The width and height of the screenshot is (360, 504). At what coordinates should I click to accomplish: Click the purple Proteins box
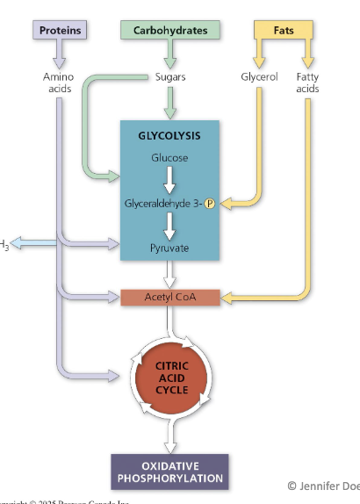(x=60, y=30)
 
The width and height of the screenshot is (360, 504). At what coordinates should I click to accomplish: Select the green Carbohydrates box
(x=169, y=30)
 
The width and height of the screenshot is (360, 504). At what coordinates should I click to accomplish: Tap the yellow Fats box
(x=283, y=30)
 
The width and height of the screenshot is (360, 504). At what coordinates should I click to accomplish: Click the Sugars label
(x=170, y=77)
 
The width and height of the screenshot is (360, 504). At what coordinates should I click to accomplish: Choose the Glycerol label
(x=259, y=77)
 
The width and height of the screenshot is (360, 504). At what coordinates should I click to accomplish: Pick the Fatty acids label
(x=307, y=83)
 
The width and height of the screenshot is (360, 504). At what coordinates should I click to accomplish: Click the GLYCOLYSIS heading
(x=169, y=136)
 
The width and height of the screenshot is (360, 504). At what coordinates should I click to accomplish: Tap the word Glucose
(x=169, y=158)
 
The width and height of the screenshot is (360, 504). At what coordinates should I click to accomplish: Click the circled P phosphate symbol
(x=210, y=205)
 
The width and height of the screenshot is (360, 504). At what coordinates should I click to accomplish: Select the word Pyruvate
(x=169, y=248)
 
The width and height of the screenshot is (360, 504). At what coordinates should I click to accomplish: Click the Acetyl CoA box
(x=169, y=298)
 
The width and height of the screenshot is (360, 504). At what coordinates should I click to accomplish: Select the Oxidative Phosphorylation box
(x=169, y=471)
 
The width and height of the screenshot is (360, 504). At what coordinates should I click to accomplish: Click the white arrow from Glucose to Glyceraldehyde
(x=169, y=181)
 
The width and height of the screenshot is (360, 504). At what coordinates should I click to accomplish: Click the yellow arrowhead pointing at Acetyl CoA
(x=227, y=299)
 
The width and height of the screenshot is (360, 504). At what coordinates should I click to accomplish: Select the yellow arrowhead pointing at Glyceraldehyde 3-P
(x=224, y=205)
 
